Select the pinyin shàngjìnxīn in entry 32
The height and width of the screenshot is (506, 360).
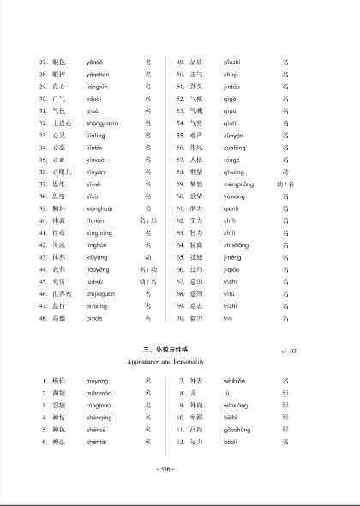point(104,123)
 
